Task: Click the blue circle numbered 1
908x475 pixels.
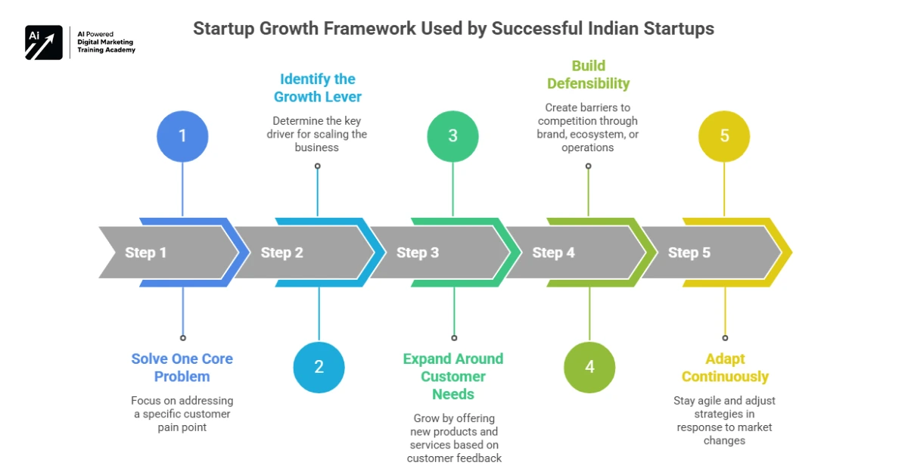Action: point(182,135)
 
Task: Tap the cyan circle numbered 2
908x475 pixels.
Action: point(319,368)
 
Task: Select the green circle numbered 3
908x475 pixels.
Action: point(452,135)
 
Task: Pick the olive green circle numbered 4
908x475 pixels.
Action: point(589,368)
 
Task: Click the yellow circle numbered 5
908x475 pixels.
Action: point(724,135)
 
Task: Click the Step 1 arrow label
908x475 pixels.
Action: point(145,253)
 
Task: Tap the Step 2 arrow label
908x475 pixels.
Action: point(281,253)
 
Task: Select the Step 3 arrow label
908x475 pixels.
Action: point(418,253)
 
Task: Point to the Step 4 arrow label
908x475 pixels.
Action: point(553,253)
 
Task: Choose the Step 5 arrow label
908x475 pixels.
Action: point(689,253)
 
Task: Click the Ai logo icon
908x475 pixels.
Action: point(43,42)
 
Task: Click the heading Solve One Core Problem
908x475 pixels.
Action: point(182,368)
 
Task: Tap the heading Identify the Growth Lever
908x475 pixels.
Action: point(317,88)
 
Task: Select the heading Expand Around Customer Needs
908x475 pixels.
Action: point(452,376)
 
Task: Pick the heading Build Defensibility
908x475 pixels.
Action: point(588,74)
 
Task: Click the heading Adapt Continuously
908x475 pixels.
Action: point(724,368)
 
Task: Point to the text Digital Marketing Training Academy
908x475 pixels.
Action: point(107,46)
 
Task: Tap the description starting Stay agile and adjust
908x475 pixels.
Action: point(724,421)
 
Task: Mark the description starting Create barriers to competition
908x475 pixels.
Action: point(588,127)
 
